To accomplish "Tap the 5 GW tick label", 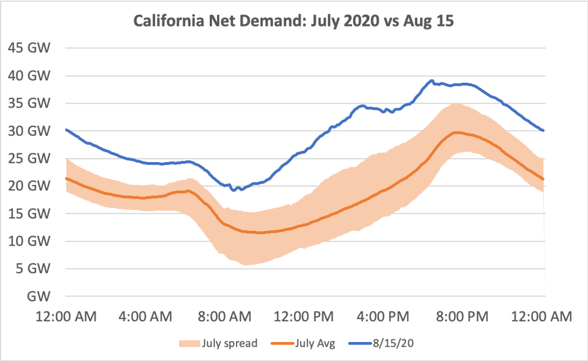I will pos(32,268).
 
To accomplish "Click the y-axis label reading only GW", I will pos(39,296).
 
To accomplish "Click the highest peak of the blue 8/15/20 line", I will pos(432,80).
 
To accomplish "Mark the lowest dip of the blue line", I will pos(234,190).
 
